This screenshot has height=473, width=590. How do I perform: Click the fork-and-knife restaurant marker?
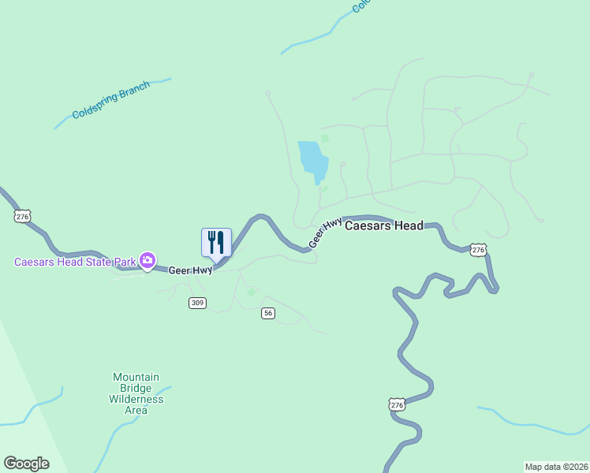coord(216,242)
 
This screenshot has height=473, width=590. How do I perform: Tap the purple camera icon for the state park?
coord(147,259)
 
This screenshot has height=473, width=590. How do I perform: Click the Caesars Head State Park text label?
coord(75,262)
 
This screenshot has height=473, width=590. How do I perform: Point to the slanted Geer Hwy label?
coord(325,233)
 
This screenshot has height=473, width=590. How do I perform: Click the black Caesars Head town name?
coord(384,225)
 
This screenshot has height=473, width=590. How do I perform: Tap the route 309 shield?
coord(198,303)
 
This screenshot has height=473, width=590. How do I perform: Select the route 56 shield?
coord(269,313)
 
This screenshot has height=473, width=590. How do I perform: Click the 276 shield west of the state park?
coord(22,216)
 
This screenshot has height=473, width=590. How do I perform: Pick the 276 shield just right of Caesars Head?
coord(478,249)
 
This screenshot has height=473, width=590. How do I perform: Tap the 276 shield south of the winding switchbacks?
coord(397,404)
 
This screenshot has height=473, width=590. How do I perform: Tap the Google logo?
coord(26,464)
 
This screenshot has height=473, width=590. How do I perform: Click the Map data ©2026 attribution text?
coord(557,466)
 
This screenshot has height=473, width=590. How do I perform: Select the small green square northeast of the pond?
coord(325,139)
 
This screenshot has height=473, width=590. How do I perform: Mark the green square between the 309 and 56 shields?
coord(251,292)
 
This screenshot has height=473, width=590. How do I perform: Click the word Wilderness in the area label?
coord(136,399)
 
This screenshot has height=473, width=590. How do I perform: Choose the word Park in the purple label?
coord(122,262)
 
